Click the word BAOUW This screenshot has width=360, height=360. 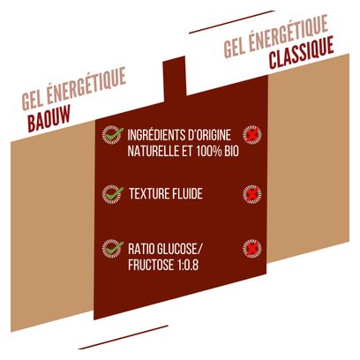click(49, 118)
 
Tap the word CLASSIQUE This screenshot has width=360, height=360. click(302, 53)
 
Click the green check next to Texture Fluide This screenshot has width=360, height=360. click(113, 194)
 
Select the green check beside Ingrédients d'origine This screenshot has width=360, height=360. click(113, 135)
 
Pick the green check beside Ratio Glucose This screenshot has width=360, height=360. click(113, 249)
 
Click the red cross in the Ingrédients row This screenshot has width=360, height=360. click(252, 135)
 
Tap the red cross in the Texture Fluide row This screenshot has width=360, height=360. click(252, 194)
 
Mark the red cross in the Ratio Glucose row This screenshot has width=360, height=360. click(252, 249)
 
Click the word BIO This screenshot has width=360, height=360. click(232, 151)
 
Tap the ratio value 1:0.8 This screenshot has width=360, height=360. click(188, 265)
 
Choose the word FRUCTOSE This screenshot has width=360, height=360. click(151, 265)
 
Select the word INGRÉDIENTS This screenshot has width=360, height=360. click(153, 135)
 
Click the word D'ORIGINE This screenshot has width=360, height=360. click(206, 135)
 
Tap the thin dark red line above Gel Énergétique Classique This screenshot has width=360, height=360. click(232, 22)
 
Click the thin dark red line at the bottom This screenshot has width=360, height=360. click(124, 337)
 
